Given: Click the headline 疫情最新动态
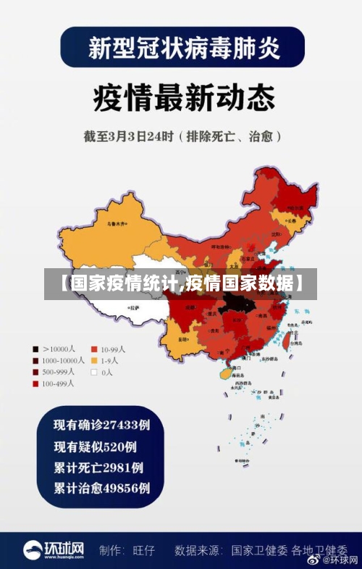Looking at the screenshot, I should (181, 97).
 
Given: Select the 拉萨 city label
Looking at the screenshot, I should (135, 308).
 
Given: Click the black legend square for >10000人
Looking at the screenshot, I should (35, 348).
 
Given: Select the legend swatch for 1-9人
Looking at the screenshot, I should (93, 360).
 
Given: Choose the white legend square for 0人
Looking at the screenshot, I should (93, 372).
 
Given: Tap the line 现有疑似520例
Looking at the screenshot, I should (95, 446).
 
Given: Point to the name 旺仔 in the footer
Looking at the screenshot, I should (145, 550).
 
